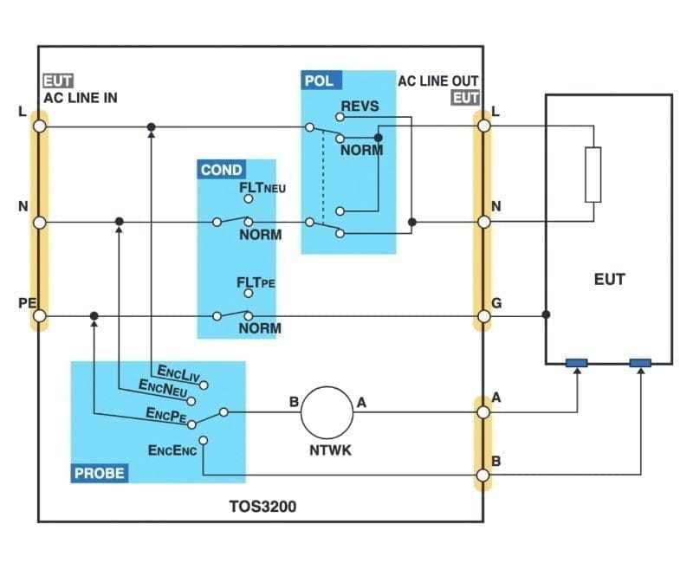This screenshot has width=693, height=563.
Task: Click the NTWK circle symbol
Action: [328, 412]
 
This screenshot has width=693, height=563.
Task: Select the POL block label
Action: [320, 81]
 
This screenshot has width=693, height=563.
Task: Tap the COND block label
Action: [221, 170]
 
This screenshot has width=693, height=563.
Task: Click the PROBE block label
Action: [99, 473]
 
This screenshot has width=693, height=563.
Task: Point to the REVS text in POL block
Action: [360, 106]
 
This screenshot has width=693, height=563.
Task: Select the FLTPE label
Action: [256, 282]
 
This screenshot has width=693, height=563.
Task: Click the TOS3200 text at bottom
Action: [262, 507]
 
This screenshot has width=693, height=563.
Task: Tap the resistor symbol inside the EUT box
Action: [593, 174]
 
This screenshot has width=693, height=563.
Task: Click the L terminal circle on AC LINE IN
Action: [39, 126]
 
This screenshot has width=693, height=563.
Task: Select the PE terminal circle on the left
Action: [39, 316]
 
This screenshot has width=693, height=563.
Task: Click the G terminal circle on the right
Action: [484, 316]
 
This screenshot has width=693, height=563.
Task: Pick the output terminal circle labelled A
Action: [484, 412]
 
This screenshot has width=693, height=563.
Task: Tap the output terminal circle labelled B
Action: [484, 476]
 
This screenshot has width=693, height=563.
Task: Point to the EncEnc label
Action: [172, 450]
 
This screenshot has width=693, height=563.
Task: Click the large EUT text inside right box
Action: [610, 279]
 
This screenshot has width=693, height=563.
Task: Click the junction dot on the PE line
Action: [94, 316]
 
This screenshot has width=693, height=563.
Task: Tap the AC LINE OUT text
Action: [437, 81]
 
